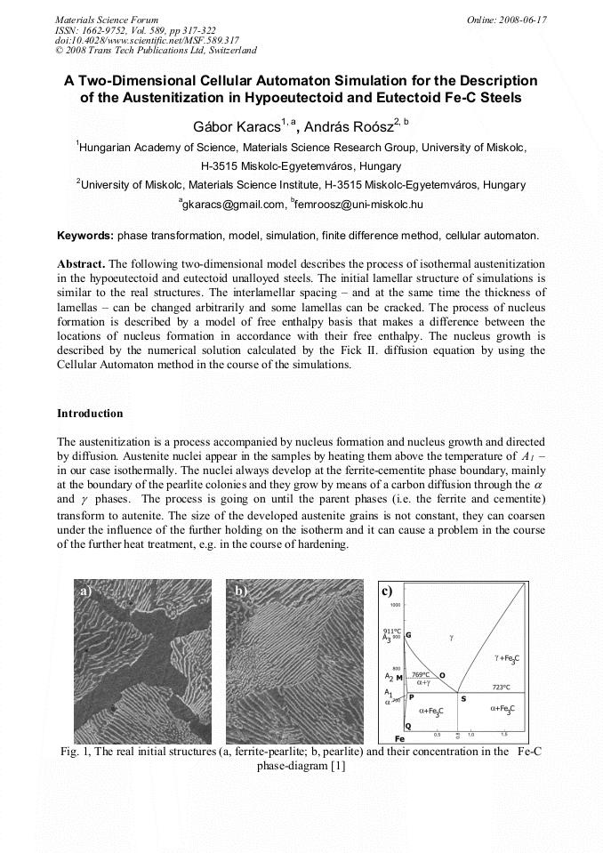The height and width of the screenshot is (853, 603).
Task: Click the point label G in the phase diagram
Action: (409, 635)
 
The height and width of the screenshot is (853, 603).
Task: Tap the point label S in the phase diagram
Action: (462, 698)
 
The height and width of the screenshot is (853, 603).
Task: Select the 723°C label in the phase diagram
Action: (502, 688)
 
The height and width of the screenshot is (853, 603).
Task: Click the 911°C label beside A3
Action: (392, 631)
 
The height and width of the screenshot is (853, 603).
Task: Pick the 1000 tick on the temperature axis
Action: (396, 605)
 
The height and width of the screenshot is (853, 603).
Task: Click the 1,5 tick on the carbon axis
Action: (503, 735)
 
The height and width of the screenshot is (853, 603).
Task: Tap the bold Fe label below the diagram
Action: (400, 739)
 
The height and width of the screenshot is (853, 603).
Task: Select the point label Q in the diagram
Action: (407, 727)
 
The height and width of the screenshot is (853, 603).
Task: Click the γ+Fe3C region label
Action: (507, 658)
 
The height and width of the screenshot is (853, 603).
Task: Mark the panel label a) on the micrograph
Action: (84, 590)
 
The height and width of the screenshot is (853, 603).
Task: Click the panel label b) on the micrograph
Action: (241, 590)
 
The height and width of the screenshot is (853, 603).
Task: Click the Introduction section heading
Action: (90, 414)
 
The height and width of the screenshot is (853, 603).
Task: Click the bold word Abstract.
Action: (81, 265)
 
